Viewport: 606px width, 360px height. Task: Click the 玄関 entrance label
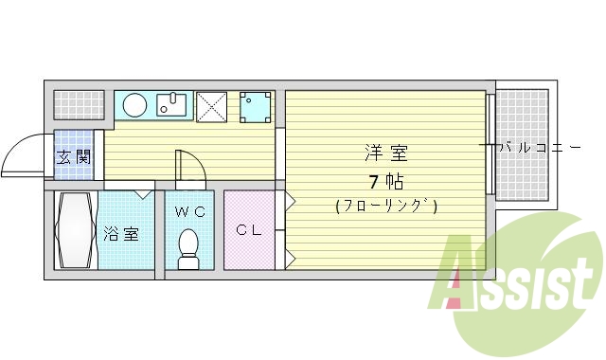coord(73,157)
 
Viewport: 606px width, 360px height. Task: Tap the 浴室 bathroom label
coord(120,233)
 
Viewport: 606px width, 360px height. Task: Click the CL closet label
coord(249,228)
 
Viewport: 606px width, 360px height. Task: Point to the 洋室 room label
coord(386,153)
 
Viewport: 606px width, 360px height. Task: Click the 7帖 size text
coord(386,181)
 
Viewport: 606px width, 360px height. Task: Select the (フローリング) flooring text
coord(386,206)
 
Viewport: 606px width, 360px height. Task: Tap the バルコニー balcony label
coord(539,147)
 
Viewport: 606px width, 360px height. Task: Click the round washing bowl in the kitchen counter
coord(134,104)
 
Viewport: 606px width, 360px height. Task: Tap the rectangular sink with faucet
coord(172,103)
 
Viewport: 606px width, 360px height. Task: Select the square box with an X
coord(210,106)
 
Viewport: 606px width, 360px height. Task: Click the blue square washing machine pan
coord(255,107)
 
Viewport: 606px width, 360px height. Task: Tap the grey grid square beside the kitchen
coord(76,104)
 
